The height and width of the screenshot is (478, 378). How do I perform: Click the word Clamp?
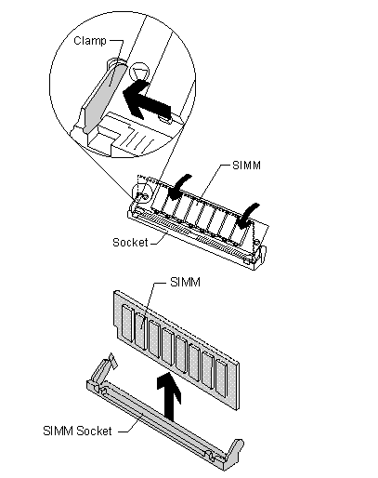click(x=90, y=41)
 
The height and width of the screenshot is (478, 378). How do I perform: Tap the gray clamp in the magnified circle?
click(x=104, y=96)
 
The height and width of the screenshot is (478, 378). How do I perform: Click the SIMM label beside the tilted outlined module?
click(x=246, y=166)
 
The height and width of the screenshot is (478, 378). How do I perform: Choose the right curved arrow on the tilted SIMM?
click(x=247, y=216)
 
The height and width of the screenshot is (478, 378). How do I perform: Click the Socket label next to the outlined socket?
click(x=130, y=242)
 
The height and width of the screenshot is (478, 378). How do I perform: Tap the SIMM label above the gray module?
click(x=185, y=282)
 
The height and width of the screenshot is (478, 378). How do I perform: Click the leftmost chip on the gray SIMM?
click(x=127, y=323)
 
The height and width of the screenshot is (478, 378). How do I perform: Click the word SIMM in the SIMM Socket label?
click(x=59, y=431)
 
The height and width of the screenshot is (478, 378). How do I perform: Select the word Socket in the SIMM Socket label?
click(x=94, y=431)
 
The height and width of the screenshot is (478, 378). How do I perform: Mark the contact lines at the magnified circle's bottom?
click(x=139, y=141)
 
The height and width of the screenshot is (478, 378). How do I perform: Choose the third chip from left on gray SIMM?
click(x=154, y=339)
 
